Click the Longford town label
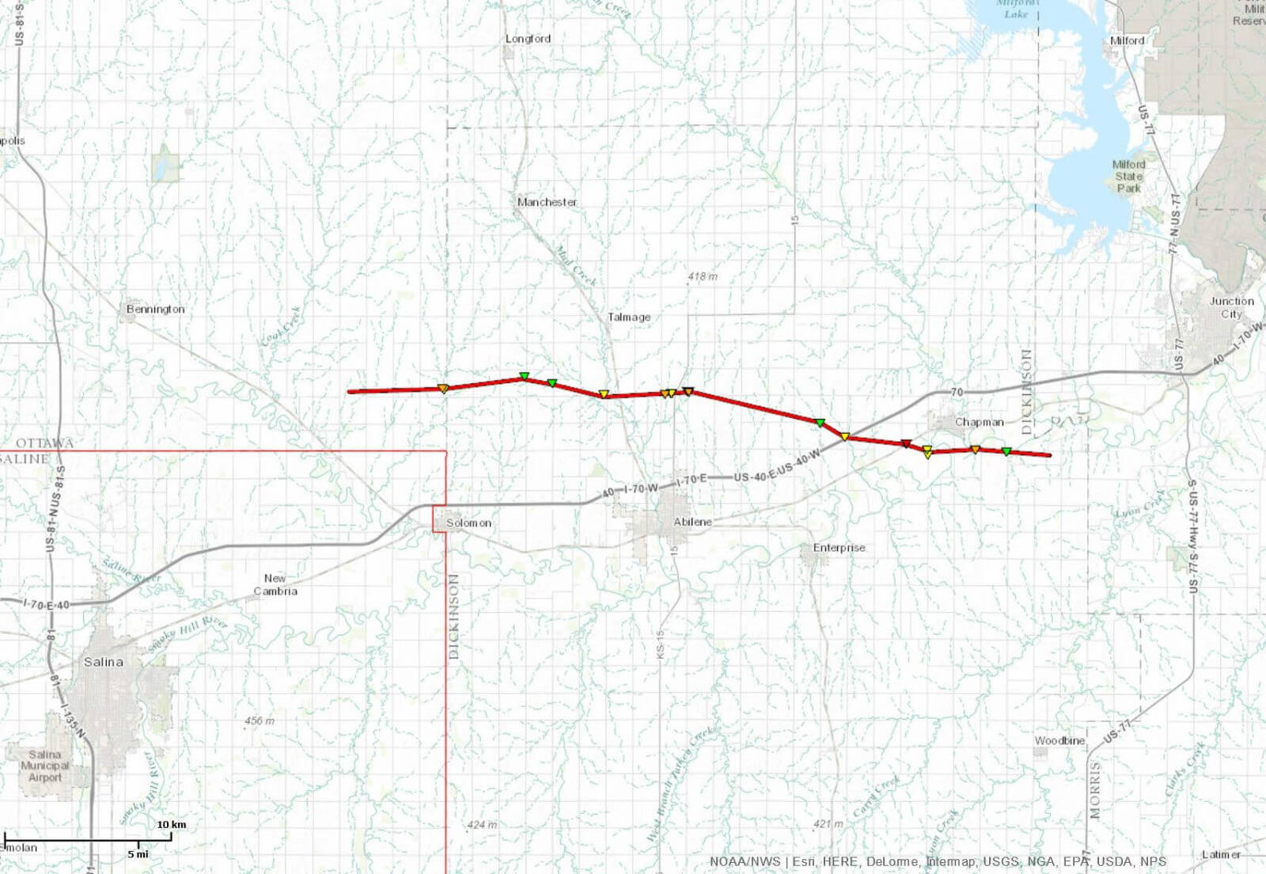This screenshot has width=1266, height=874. pos(528,39)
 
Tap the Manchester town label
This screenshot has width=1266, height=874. pos(547,202)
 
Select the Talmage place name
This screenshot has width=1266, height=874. pos(629,317)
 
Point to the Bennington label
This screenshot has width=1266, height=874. pos(155,309)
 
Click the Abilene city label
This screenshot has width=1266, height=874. pos(692,522)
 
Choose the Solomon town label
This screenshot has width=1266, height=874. pos(468,522)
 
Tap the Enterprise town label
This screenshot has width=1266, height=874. pos(839,547)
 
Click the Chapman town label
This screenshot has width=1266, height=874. pos(979,422)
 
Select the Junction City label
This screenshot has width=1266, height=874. pos(1231,307)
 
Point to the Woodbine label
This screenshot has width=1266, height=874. pos(1059,740)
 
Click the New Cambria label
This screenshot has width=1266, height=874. pos(275,584)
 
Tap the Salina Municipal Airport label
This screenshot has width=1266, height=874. pos(45,766)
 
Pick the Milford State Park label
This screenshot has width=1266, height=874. pos(1128,176)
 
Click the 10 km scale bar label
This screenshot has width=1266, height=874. pos(171,824)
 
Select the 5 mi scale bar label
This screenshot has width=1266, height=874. pos(138,854)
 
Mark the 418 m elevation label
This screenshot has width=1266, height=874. pos(702,276)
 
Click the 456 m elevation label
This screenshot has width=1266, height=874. pos(259,720)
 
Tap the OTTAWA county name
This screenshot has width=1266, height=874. pos(45,443)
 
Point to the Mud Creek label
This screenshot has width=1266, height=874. pos(574,266)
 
